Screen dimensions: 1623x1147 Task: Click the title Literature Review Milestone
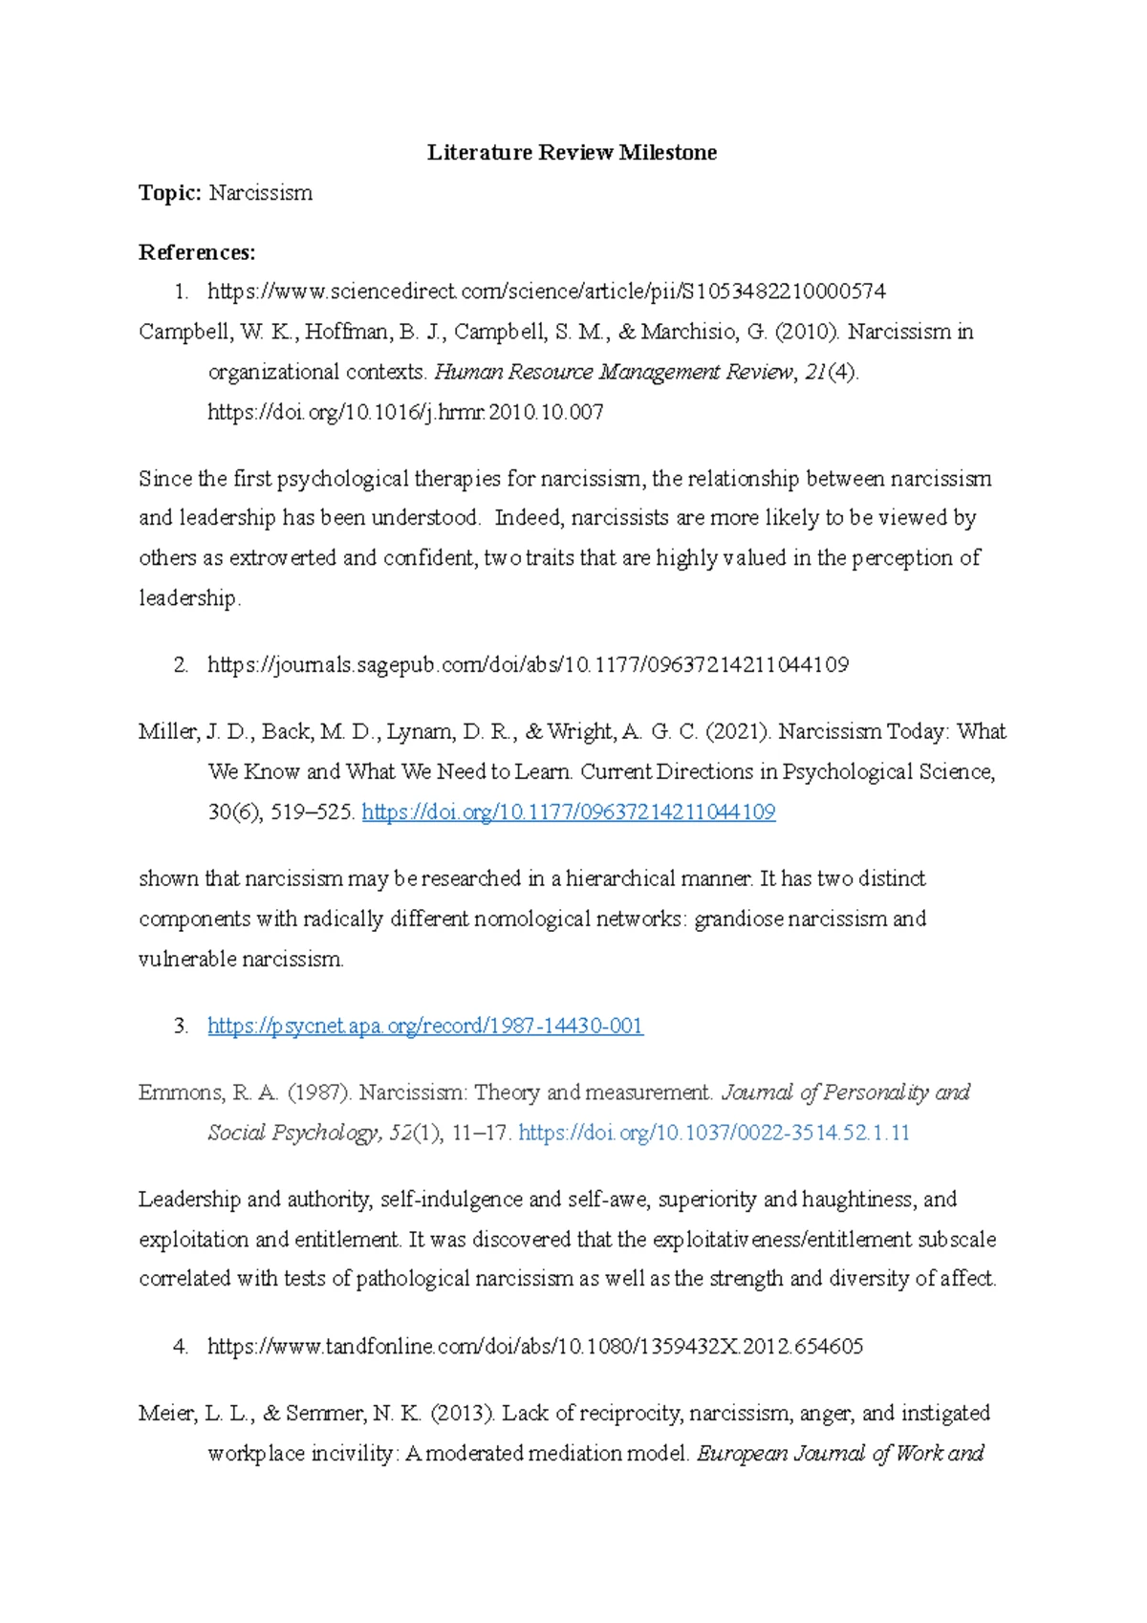coord(572,153)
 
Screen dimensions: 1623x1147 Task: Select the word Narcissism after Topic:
coord(261,193)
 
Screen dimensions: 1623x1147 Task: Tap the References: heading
coord(197,252)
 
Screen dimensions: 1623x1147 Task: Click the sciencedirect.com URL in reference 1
coord(546,291)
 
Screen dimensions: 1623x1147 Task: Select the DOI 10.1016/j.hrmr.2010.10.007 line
coord(405,412)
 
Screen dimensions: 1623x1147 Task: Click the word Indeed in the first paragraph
coord(529,518)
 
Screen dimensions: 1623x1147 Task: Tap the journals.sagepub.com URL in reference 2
coord(528,664)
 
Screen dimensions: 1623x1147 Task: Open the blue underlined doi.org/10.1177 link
coord(569,812)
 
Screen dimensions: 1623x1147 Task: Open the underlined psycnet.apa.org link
coord(425,1027)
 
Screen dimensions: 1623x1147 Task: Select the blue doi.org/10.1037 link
coord(713,1133)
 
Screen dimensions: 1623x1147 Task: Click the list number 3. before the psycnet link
coord(181,1027)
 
